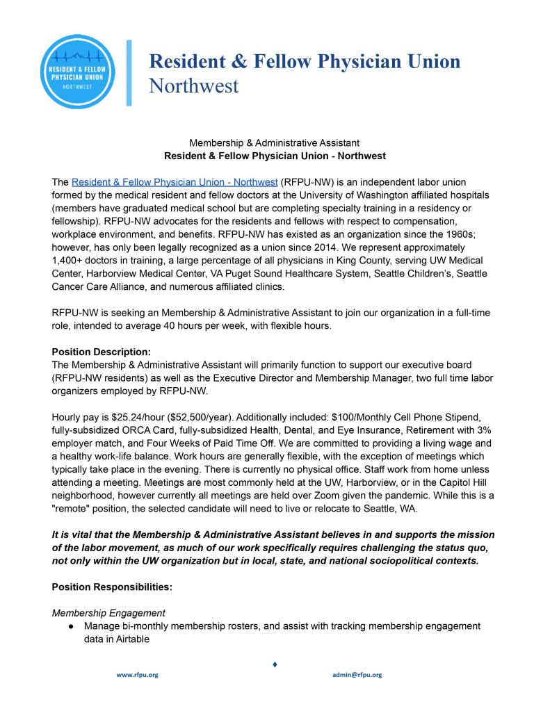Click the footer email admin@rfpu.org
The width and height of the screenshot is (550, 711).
(357, 675)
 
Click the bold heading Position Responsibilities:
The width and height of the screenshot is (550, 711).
(112, 587)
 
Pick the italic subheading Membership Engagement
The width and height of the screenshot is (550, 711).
(108, 613)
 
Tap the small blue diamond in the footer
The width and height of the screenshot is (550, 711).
(275, 665)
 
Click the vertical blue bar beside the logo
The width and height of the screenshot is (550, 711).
(129, 73)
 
